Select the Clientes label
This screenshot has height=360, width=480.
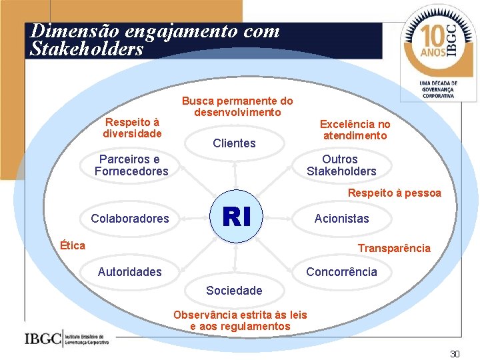[234, 143]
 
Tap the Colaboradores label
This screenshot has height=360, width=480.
[130, 218]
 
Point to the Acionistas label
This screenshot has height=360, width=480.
[341, 218]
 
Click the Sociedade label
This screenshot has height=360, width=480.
[234, 290]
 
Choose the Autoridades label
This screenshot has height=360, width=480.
[129, 271]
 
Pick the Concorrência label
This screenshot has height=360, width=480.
[341, 271]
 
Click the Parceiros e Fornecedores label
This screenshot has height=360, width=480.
[131, 165]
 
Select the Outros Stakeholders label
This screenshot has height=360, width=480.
[341, 165]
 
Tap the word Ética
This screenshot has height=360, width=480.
[72, 245]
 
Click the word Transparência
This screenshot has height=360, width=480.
[394, 248]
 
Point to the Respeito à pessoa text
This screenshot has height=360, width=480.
[394, 193]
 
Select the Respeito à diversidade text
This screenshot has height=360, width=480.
[132, 127]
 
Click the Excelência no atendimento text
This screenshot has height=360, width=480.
[355, 130]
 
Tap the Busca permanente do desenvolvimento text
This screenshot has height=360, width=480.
[237, 107]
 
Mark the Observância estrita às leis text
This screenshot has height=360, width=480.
[240, 315]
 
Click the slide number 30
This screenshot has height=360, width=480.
[454, 354]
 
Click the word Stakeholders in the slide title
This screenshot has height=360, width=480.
[87, 49]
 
